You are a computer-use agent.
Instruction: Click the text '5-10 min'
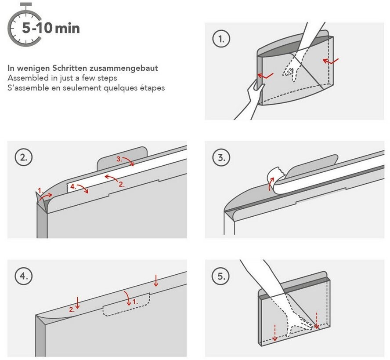coord(51,29)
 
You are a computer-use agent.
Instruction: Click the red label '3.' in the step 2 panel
coord(120,159)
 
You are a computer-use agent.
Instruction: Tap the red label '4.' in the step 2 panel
coord(73,186)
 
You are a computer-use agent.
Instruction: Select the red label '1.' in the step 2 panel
coord(40,191)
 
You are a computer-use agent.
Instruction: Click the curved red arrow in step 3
coord(271,182)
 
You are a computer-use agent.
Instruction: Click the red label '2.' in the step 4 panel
coord(72,309)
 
